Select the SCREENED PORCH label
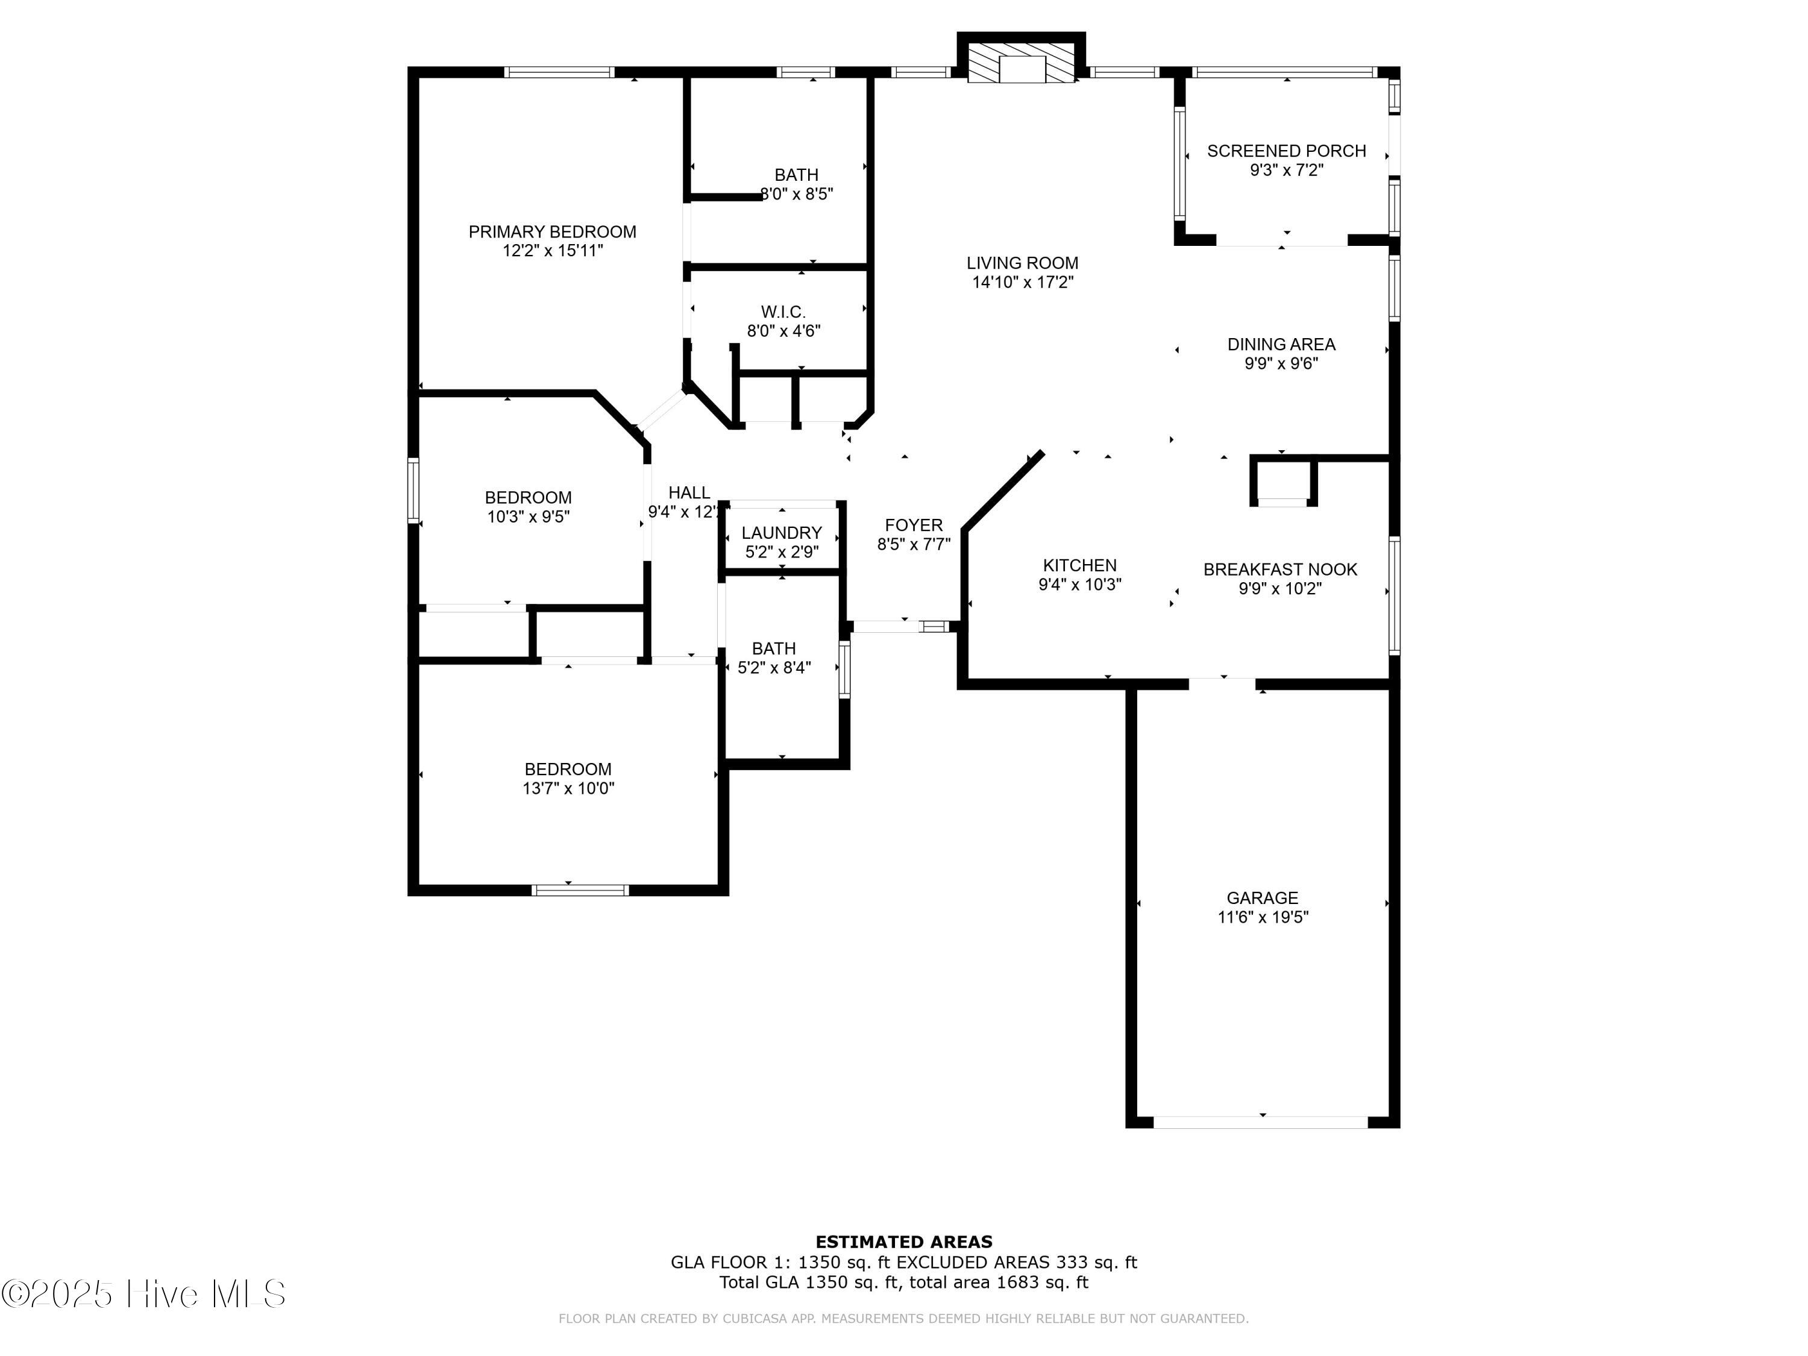coord(1287,151)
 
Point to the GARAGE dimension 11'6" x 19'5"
coord(1263,917)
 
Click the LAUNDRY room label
coord(782,533)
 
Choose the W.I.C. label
coord(783,312)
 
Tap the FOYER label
coord(914,526)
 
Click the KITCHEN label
coord(1080,566)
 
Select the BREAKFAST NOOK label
coord(1280,570)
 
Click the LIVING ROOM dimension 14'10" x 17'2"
coord(1023,283)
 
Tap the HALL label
coord(689,493)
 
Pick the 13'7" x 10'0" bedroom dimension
coord(568,789)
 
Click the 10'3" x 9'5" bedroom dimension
coord(528,516)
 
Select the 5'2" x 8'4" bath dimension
coord(774,668)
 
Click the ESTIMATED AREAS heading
coord(904,1242)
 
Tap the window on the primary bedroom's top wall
coord(559,72)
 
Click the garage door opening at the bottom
coord(1261,1122)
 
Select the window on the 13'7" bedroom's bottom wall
coord(580,890)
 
